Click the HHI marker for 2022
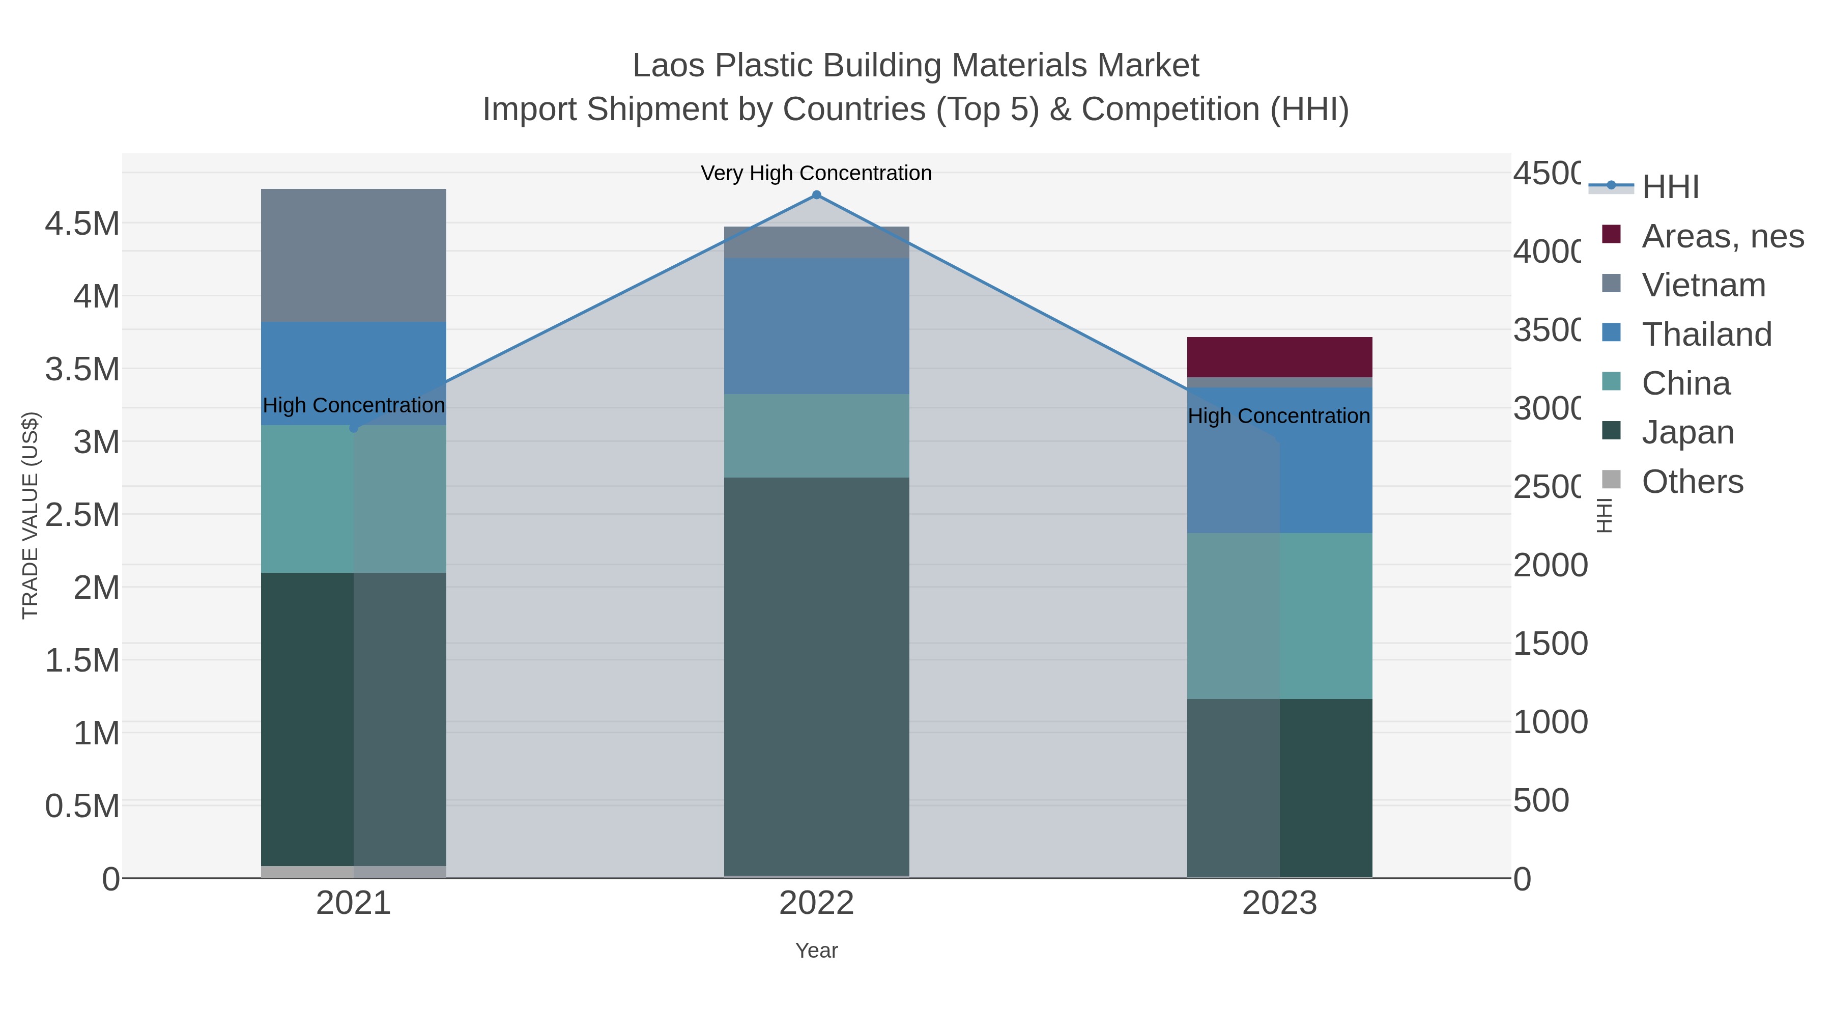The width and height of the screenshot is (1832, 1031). pyautogui.click(x=816, y=195)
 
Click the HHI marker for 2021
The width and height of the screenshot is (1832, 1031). pyautogui.click(x=354, y=428)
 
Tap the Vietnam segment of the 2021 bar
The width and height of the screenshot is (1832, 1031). pyautogui.click(x=354, y=256)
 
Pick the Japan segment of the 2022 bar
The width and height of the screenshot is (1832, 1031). pyautogui.click(x=816, y=676)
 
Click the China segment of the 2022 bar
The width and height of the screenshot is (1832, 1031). pyautogui.click(x=816, y=435)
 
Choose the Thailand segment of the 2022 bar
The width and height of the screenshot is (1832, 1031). pyautogui.click(x=816, y=326)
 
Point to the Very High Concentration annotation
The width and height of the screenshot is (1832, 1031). pyautogui.click(x=816, y=174)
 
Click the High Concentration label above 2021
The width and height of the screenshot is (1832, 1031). pyautogui.click(x=354, y=406)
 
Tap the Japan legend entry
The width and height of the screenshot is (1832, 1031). pyautogui.click(x=1687, y=433)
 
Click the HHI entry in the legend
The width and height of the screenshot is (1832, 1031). pyautogui.click(x=1670, y=187)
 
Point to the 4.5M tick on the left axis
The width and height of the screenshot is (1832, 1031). pyautogui.click(x=82, y=224)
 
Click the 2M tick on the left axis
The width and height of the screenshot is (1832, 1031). pyautogui.click(x=97, y=588)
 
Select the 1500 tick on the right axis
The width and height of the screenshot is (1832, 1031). pyautogui.click(x=1549, y=644)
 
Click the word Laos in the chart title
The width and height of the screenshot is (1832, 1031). pyautogui.click(x=669, y=66)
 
